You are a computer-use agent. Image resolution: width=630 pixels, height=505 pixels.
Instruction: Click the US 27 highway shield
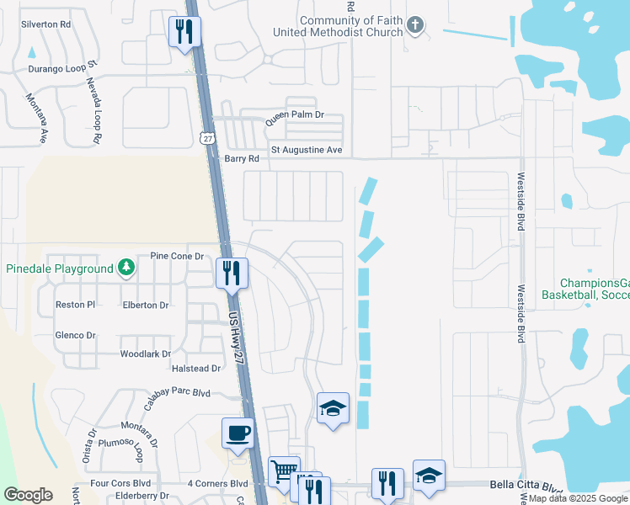click(x=207, y=137)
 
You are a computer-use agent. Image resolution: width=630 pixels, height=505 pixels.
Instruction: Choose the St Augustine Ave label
click(x=307, y=150)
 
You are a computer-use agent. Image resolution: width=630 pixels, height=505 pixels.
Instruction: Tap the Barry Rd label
click(x=239, y=158)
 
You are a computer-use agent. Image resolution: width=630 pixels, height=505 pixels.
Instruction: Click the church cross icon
click(x=414, y=26)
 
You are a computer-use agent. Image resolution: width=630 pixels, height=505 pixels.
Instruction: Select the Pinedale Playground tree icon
click(x=126, y=268)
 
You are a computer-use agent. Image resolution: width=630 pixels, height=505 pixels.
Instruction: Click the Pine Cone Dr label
click(x=177, y=256)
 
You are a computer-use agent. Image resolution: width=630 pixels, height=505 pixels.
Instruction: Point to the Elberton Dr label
click(x=146, y=305)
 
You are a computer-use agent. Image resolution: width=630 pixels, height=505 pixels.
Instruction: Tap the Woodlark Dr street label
click(x=146, y=354)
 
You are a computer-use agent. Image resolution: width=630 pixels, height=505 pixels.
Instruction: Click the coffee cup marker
click(x=238, y=433)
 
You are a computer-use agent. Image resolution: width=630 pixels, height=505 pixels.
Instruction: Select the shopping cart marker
click(x=284, y=470)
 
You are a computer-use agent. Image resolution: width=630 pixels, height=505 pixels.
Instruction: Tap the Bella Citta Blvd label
click(x=526, y=486)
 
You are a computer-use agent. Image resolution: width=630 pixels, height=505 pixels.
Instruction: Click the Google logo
click(x=28, y=495)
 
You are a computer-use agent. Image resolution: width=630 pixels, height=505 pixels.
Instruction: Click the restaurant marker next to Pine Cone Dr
click(x=231, y=272)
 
